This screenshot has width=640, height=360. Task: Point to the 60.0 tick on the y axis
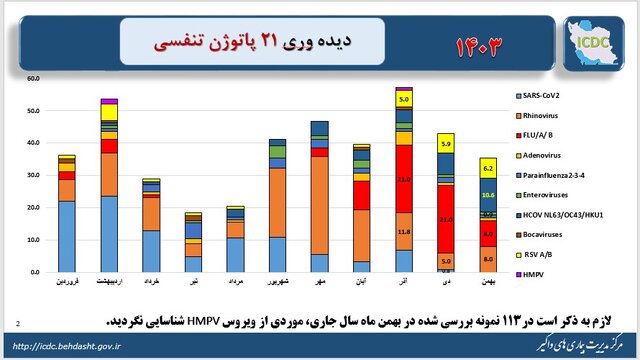click(x=33, y=78)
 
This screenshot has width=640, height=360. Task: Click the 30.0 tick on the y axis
click(x=33, y=175)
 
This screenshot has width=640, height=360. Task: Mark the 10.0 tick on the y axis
click(x=33, y=240)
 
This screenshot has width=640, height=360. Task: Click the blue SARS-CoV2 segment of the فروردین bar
click(x=67, y=236)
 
